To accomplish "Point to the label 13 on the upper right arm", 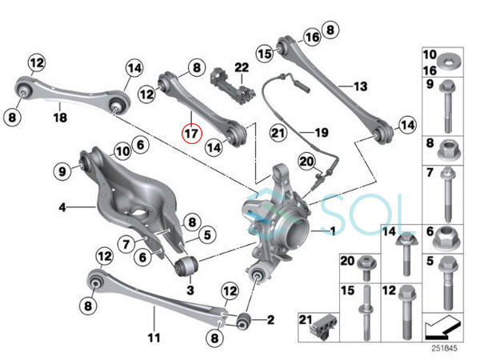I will tap(359, 86).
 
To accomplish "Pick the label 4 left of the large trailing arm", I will tap(61, 208).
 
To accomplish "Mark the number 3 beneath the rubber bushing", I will tap(190, 288).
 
